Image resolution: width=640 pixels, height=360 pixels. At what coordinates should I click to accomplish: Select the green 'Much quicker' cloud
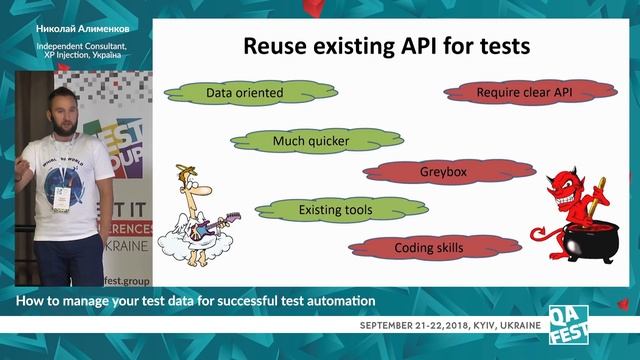311,141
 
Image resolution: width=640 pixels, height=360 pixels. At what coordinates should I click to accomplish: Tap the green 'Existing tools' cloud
335,210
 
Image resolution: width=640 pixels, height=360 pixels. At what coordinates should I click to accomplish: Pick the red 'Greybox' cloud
443,171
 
